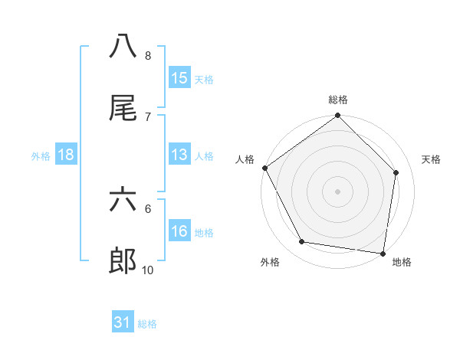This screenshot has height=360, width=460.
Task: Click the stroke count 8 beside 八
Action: coord(147,56)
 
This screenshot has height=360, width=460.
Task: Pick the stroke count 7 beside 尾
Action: coord(147,116)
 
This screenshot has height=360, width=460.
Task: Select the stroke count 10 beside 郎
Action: coord(147,270)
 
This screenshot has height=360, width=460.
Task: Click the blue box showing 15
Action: coord(179,78)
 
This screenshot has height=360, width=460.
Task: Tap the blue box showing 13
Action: coord(179,155)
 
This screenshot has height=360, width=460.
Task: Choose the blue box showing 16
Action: coord(179,231)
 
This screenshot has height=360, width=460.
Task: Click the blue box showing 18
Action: coord(66,155)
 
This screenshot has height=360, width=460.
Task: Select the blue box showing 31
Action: coord(123,323)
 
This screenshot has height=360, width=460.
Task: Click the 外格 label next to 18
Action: coord(41,155)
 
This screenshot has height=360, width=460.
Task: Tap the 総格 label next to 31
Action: coord(147,324)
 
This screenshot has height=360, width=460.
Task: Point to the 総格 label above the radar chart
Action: coord(338,100)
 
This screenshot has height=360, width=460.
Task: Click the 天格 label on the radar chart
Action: coord(432,159)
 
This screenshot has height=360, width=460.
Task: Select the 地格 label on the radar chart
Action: coord(402,262)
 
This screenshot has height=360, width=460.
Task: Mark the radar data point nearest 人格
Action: coord(265,168)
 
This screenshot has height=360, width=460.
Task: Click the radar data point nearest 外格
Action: coord(302,242)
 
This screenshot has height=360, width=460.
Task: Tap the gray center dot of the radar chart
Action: coord(338,191)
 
